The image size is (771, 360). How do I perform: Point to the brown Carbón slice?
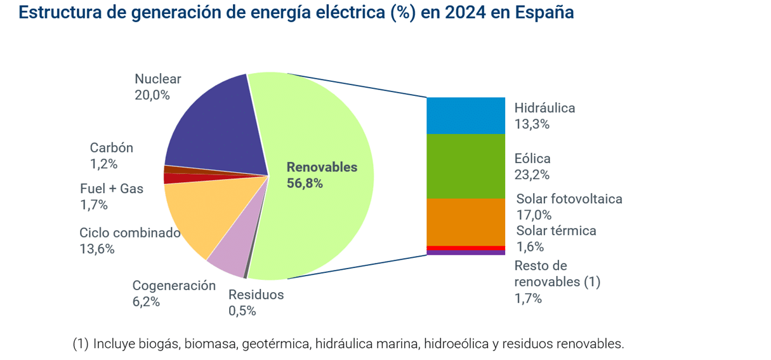coord(190,170)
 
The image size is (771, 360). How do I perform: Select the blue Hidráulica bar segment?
coord(466,116)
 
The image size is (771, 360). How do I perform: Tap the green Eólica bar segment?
coord(466,166)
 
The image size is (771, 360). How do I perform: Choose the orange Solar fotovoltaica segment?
coord(466,222)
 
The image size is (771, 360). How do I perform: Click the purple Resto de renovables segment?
coord(466,252)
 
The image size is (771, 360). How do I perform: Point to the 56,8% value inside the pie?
coord(305,184)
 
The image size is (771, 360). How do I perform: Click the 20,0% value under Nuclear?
coord(152,95)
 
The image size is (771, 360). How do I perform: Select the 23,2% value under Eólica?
coord(532,175)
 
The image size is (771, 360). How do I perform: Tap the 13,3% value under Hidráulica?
coord(532,124)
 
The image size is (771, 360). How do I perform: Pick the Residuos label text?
coord(256,295)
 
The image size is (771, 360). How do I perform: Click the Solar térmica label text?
coord(556,230)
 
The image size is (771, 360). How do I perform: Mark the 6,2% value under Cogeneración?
coord(146,302)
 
